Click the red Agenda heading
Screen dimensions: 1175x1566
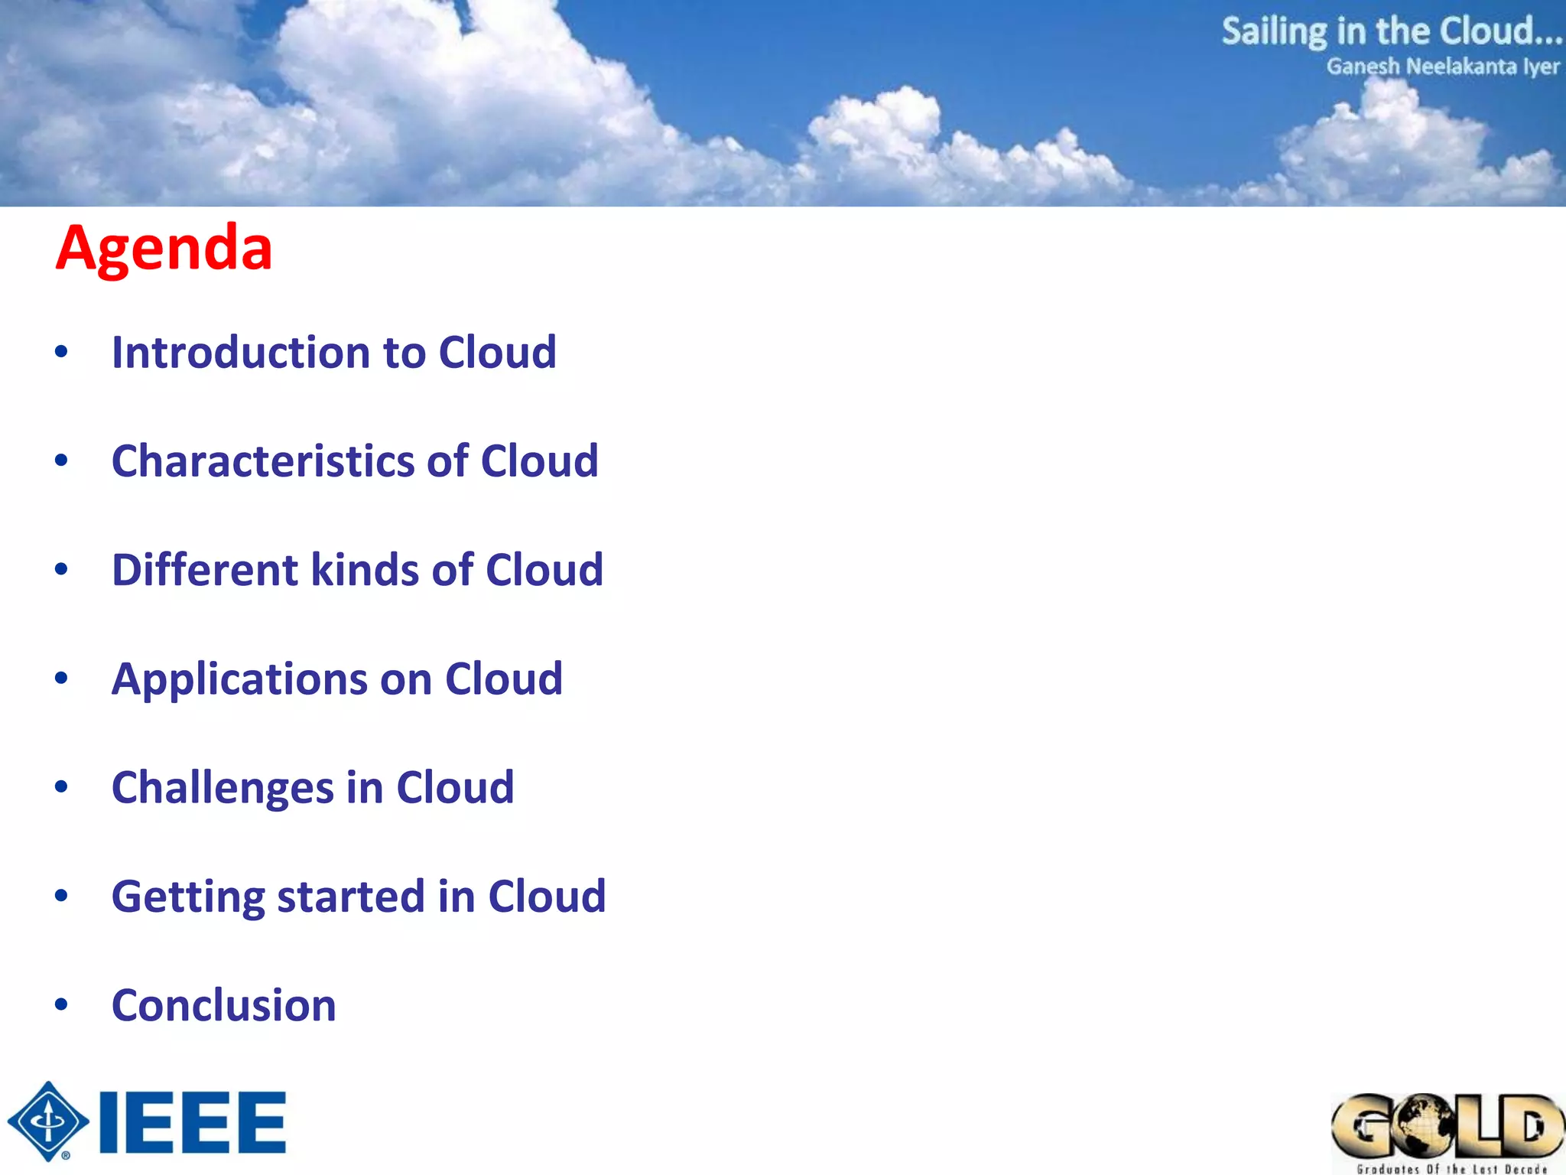click(164, 249)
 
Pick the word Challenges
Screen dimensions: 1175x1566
click(223, 788)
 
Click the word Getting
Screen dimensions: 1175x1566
click(187, 897)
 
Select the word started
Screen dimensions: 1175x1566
click(350, 897)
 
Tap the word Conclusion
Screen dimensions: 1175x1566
click(223, 1005)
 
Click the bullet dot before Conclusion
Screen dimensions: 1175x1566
click(61, 1004)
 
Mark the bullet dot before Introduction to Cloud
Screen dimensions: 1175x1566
click(61, 352)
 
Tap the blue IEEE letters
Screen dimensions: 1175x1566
click(193, 1122)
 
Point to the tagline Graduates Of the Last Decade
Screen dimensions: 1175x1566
click(1451, 1168)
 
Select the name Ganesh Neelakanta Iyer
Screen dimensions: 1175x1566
click(1442, 67)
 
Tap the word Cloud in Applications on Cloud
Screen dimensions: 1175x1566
click(503, 679)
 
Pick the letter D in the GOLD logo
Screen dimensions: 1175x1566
click(1532, 1125)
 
